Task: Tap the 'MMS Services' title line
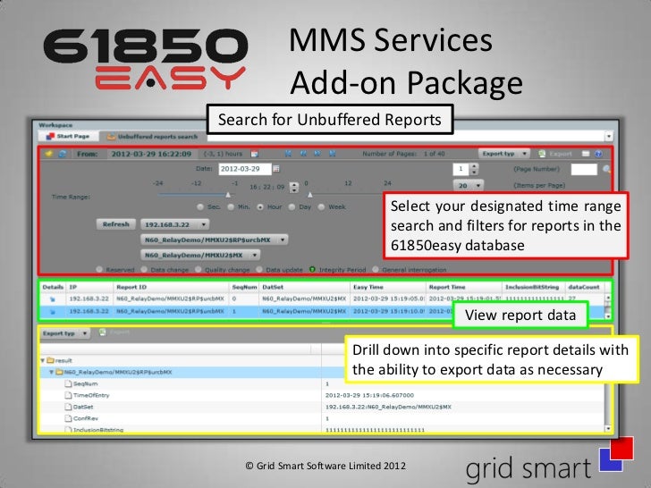(x=390, y=41)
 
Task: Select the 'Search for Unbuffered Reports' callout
(x=330, y=120)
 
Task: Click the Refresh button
(x=116, y=224)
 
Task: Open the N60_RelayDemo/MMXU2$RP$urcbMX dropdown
(x=216, y=240)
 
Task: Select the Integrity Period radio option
(x=312, y=267)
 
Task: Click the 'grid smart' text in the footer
(x=528, y=468)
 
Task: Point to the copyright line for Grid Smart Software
(x=326, y=466)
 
